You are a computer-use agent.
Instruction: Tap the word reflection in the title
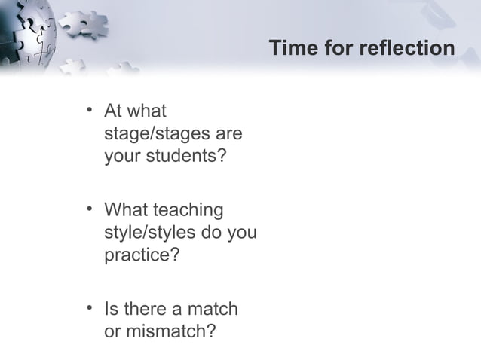[x=407, y=49]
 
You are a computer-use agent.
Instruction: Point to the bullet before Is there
[x=90, y=308]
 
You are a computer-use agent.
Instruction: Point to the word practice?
[x=141, y=256]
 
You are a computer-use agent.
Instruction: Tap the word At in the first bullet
[x=113, y=112]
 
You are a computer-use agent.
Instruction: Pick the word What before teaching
[x=126, y=209]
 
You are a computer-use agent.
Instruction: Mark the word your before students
[x=122, y=158]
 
